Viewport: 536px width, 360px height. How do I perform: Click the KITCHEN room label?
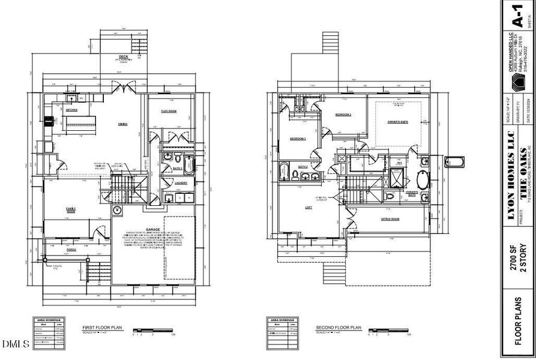pyautogui.click(x=71, y=110)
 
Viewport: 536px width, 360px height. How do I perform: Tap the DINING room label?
pyautogui.click(x=122, y=124)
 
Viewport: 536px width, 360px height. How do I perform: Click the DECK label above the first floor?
pyautogui.click(x=123, y=56)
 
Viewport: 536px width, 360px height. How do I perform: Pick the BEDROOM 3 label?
pyautogui.click(x=298, y=139)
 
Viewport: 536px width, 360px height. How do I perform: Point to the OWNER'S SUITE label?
pyautogui.click(x=397, y=122)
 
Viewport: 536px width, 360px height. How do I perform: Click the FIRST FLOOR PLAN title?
pyautogui.click(x=102, y=328)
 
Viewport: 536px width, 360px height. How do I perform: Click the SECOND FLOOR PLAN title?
pyautogui.click(x=339, y=328)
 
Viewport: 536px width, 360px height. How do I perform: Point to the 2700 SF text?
pyautogui.click(x=514, y=262)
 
